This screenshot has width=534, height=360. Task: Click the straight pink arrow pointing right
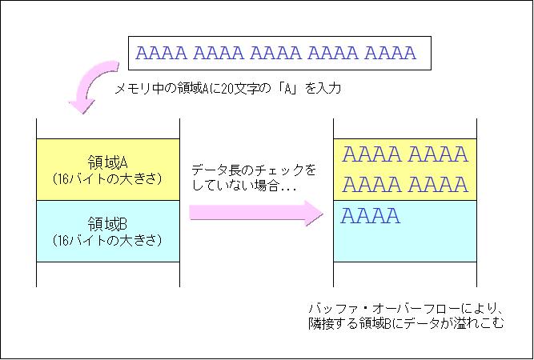[x=256, y=213]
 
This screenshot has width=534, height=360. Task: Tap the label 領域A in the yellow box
[x=107, y=162]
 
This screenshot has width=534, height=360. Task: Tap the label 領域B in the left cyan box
[x=107, y=224]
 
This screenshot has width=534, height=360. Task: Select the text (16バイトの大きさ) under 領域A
[x=107, y=179]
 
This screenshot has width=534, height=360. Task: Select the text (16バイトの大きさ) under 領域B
[x=107, y=241]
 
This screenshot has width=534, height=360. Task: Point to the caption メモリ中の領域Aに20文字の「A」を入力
[x=227, y=89]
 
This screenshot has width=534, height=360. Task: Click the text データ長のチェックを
[x=254, y=170]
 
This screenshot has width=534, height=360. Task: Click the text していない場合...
[x=235, y=186]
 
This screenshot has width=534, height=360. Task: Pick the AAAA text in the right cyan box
[x=371, y=216]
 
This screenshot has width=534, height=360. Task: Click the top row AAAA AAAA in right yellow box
[x=405, y=154]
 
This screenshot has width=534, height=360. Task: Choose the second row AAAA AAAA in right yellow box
[x=405, y=185]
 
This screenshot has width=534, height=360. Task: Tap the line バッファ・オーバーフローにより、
[x=406, y=309]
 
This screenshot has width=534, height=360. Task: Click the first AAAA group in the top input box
[x=162, y=53]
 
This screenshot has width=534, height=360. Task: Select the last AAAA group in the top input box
[x=390, y=53]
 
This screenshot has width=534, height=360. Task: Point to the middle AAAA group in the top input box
[x=276, y=53]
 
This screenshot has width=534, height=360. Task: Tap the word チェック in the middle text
[x=282, y=170]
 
